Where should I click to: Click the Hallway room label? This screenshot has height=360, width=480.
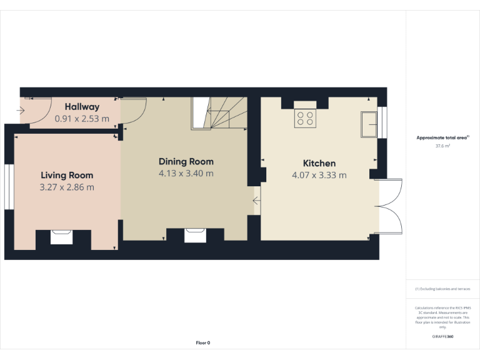(x=82, y=107)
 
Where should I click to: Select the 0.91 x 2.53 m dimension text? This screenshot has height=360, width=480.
(x=82, y=118)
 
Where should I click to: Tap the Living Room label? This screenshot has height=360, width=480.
(x=67, y=175)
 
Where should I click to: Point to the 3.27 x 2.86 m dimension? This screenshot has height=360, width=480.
(x=67, y=187)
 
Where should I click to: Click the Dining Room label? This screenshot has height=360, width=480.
(x=186, y=161)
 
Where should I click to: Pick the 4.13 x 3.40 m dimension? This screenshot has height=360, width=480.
(x=186, y=173)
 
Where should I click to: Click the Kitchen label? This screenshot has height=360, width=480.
(x=319, y=163)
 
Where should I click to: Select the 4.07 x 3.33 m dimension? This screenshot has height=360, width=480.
(x=319, y=176)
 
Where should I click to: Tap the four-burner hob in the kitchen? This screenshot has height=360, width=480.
(x=306, y=118)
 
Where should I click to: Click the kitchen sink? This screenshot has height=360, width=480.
(x=369, y=124)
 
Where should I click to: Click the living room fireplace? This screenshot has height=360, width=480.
(x=61, y=236)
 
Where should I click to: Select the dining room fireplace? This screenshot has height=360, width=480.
(x=194, y=234)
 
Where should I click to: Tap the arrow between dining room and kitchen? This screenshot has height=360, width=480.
(x=256, y=201)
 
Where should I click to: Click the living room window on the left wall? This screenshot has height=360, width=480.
(x=9, y=186)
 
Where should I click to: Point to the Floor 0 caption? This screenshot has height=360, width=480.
(x=203, y=342)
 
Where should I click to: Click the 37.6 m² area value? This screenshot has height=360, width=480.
(x=442, y=146)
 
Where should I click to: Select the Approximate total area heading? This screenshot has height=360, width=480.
(x=442, y=137)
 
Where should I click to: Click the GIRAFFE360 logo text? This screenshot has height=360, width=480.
(x=442, y=337)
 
